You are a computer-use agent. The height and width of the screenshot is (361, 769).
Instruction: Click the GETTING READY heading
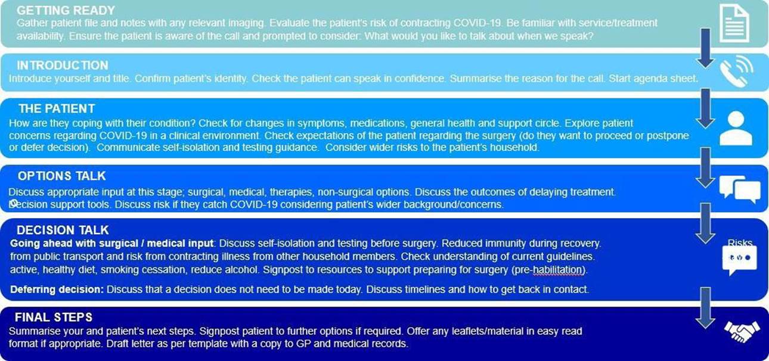(66, 11)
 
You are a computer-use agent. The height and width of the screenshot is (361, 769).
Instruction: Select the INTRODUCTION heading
(63, 66)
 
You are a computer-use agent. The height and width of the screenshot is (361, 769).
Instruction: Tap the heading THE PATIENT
(57, 109)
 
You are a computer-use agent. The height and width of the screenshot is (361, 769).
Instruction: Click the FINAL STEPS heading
(54, 317)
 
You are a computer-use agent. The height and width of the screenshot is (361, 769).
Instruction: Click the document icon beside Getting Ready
(734, 23)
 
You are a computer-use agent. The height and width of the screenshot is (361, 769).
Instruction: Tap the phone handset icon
(734, 71)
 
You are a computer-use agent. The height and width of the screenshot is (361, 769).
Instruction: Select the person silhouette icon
(736, 127)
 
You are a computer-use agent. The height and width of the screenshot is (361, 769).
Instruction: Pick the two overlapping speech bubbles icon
(739, 189)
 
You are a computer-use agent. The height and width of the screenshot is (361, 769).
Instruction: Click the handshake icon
(742, 329)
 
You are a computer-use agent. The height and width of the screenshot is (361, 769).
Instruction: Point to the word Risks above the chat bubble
(740, 242)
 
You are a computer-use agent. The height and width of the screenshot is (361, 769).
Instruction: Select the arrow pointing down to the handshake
(706, 307)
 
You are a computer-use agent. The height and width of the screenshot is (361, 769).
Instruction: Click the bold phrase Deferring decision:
(57, 290)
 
